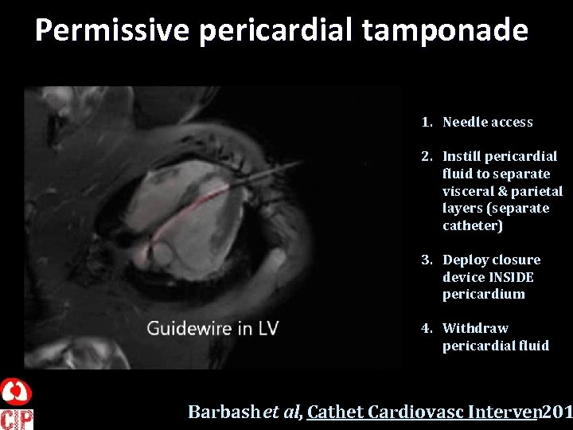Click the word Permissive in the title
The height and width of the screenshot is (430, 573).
click(112, 30)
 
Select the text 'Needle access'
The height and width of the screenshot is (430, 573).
click(487, 122)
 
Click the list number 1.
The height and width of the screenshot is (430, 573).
click(427, 122)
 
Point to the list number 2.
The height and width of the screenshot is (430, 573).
click(427, 156)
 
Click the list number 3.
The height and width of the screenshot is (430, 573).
click(427, 260)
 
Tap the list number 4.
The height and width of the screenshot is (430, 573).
click(427, 328)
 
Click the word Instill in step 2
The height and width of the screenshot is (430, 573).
click(461, 156)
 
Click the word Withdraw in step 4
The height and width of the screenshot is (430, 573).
click(475, 328)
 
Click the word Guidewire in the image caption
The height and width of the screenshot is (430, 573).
click(188, 328)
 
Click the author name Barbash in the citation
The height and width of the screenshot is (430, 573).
click(224, 412)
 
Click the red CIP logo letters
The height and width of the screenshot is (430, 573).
click(16, 418)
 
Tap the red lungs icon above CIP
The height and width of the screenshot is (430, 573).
click(16, 393)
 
